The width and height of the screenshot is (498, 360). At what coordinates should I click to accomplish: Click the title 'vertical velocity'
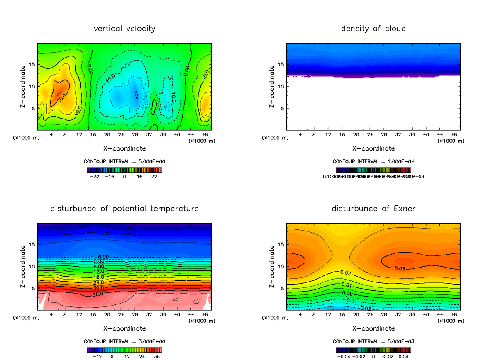[x=124, y=29]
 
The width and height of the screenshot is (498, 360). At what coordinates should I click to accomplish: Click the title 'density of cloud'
[x=373, y=29]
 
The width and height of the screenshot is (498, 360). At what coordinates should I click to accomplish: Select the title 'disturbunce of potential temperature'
[x=124, y=209]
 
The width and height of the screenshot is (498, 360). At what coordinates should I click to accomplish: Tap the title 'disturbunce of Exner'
[x=373, y=209]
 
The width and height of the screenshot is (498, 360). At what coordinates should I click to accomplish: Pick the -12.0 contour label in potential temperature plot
[x=102, y=233]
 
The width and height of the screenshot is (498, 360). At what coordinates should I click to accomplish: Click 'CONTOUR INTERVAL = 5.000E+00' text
[x=124, y=161]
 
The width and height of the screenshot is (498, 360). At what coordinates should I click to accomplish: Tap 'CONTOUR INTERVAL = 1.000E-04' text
[x=373, y=161]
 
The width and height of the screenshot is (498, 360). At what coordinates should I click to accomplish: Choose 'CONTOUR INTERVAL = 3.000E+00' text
[x=124, y=341]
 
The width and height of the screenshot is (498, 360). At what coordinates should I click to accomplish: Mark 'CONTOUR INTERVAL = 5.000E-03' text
[x=373, y=341]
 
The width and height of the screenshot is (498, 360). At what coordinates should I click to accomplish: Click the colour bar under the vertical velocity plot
[x=124, y=170]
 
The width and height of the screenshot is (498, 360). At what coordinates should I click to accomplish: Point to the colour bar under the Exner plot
[x=373, y=350]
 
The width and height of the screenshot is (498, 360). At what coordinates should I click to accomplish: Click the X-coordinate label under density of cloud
[x=373, y=148]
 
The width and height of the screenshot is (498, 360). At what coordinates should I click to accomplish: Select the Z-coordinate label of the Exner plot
[x=272, y=266]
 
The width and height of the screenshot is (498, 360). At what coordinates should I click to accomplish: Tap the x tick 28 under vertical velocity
[x=135, y=134]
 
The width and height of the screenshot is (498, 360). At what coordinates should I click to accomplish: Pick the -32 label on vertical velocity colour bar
[x=96, y=176]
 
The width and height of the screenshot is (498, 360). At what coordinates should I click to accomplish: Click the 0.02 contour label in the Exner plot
[x=346, y=272]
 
